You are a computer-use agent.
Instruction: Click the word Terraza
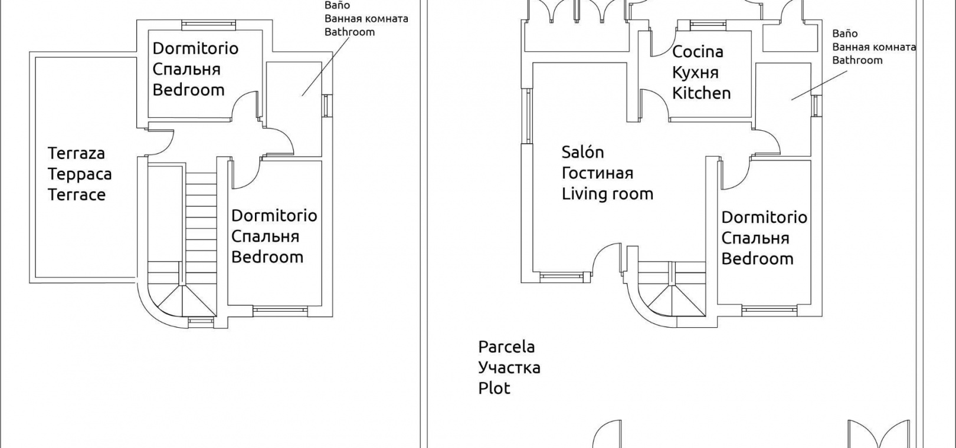click(x=76, y=153)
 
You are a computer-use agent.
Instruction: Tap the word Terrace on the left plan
click(x=76, y=195)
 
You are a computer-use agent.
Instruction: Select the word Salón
click(x=582, y=152)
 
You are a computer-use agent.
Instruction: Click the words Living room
click(x=607, y=193)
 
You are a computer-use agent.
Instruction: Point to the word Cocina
click(x=698, y=52)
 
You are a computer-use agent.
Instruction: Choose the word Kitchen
click(x=701, y=93)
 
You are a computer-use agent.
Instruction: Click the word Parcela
click(x=506, y=347)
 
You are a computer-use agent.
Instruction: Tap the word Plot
click(x=494, y=388)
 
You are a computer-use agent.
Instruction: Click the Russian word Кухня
click(x=695, y=73)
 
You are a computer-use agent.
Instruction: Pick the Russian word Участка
click(x=509, y=367)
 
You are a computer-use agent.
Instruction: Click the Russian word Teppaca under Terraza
click(x=79, y=174)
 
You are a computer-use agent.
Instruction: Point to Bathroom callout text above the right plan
click(x=857, y=60)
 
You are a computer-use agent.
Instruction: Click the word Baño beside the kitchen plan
click(x=844, y=34)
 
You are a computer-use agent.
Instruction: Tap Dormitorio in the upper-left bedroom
click(x=195, y=48)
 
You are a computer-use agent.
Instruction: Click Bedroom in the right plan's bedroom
click(x=757, y=258)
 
